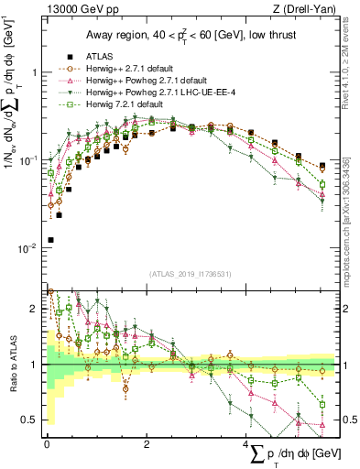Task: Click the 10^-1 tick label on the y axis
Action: click(29, 160)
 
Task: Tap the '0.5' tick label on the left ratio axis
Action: click(30, 420)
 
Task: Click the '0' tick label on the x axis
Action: click(47, 443)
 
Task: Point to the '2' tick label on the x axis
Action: click(147, 443)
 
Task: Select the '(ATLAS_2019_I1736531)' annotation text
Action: click(191, 273)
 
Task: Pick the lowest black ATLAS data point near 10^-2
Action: click(50, 240)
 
